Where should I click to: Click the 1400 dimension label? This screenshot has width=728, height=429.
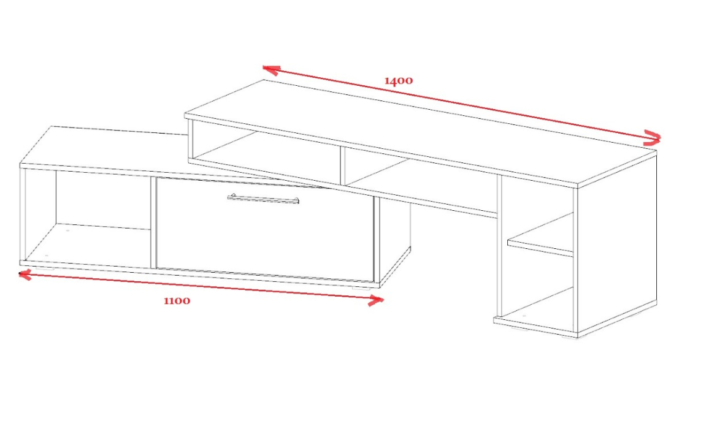[399, 81]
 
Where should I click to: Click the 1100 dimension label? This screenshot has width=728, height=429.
[177, 300]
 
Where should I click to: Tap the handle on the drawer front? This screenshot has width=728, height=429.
[263, 199]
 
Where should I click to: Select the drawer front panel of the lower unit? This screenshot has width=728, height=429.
[264, 229]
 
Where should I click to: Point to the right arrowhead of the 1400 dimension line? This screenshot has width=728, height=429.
[653, 136]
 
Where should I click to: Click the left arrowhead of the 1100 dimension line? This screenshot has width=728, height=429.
[25, 275]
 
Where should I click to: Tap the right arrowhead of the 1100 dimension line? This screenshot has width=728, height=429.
[375, 300]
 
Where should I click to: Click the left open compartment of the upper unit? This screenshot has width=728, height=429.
[264, 151]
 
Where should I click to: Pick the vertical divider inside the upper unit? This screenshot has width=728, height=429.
[343, 165]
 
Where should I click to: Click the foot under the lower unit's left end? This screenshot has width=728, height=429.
[45, 268]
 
